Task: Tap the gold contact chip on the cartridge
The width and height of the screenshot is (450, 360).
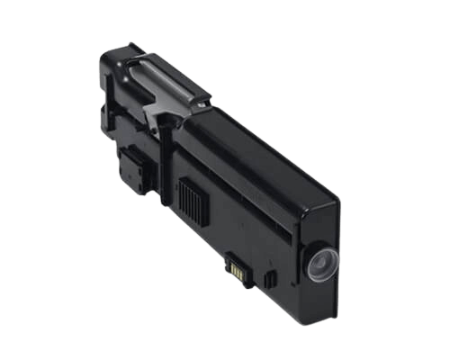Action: click(x=237, y=267)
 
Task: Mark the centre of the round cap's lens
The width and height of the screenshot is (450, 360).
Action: click(x=322, y=264)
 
